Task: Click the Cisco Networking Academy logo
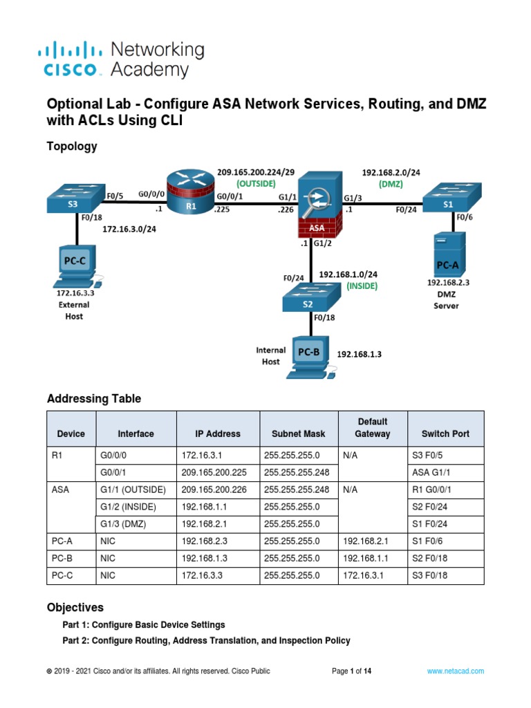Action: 120,59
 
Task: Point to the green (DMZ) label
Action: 391,185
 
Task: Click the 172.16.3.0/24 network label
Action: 129,229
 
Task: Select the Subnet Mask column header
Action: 299,434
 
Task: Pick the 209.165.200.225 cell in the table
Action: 214,472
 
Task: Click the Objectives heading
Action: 75,607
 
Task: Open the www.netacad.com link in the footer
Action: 455,671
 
